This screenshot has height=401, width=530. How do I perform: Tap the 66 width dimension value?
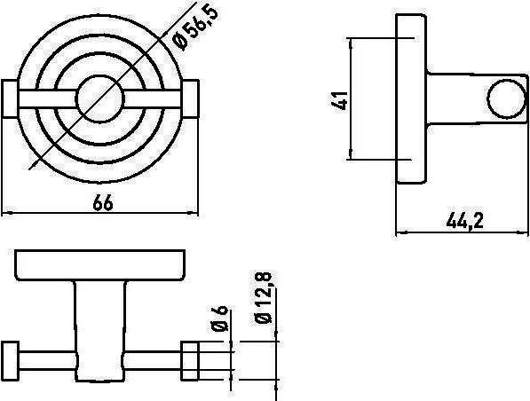pos(103,202)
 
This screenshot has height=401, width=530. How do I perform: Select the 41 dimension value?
pos(339,100)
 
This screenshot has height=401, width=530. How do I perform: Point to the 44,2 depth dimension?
pos(465,222)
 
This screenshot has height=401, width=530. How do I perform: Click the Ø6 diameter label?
pos(220,318)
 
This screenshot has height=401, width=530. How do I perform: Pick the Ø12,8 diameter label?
pos(264,297)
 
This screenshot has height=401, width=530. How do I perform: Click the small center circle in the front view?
pos(99,98)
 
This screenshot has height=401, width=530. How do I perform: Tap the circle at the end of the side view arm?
pos(507,98)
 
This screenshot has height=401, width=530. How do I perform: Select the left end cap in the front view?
pos(10,99)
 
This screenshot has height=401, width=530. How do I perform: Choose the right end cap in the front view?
pos(191,99)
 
